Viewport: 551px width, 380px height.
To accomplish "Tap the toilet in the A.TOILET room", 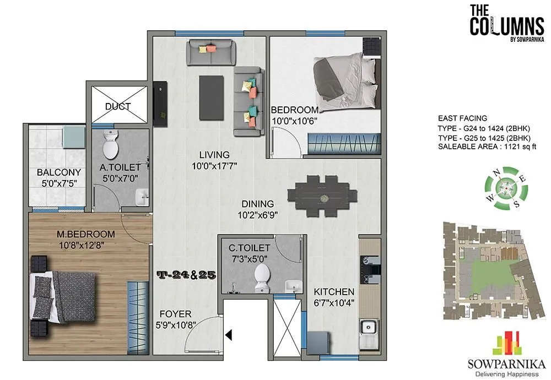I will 111,145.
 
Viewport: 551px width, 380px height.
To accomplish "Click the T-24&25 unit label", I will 185,274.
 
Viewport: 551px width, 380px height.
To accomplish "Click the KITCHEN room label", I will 334,291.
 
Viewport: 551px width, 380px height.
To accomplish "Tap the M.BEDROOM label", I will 85,235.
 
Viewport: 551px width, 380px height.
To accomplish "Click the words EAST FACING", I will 462,118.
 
